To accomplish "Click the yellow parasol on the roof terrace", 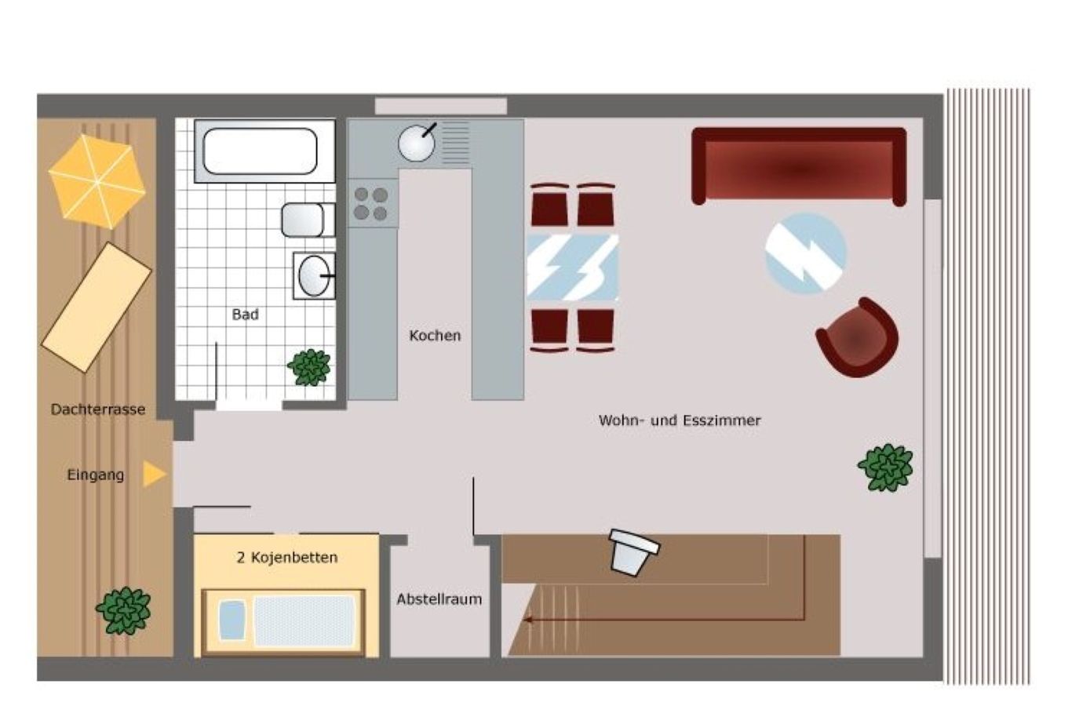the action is (x=97, y=181).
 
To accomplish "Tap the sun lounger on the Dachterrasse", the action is (x=97, y=308).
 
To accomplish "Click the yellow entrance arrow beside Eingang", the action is (x=155, y=474).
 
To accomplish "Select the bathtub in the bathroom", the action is (x=264, y=151).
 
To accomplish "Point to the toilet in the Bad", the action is (x=308, y=220).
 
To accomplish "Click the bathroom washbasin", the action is (x=314, y=276).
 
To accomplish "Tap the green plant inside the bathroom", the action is (x=309, y=367).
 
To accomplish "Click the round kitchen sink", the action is (x=416, y=143).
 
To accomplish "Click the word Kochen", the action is (x=435, y=335).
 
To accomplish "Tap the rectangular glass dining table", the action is (x=573, y=267).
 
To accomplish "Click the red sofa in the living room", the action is (x=799, y=166).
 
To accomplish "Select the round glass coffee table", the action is (x=805, y=253).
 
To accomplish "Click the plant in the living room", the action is (x=885, y=467).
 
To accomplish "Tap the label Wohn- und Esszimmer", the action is (x=680, y=420).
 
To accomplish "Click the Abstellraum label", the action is (x=439, y=599).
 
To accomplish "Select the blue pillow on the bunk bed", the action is (x=232, y=620).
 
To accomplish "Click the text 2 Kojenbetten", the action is (x=287, y=558).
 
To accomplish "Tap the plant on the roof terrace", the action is (x=124, y=610).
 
